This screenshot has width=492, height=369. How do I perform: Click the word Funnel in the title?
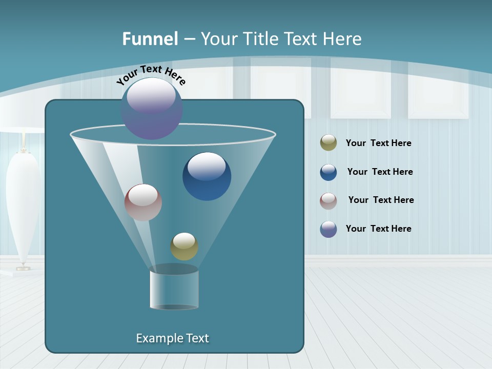coord(150,39)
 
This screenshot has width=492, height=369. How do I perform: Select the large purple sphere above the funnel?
coord(152,108)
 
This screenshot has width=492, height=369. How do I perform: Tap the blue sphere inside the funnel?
coord(207,177)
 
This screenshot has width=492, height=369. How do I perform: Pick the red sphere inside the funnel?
coord(143,202)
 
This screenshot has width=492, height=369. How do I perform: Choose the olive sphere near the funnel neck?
coord(184,247)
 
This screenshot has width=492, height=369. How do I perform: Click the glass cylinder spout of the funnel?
coord(174,289)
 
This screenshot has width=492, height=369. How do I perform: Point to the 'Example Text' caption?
coord(173,338)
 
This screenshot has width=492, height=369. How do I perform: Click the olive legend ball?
coord(329,143)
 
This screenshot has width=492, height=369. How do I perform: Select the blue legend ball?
coord(329,172)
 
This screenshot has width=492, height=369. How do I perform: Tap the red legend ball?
coord(329,200)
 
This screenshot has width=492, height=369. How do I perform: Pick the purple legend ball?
coord(329,229)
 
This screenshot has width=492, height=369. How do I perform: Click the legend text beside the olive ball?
coord(379,143)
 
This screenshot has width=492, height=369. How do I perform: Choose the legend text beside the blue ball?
coord(380,172)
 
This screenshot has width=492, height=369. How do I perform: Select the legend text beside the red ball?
coord(381,200)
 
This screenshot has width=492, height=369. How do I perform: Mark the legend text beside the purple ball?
coord(379,229)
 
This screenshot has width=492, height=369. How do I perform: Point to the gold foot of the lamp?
coord(23,267)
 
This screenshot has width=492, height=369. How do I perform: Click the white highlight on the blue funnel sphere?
coord(207,166)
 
